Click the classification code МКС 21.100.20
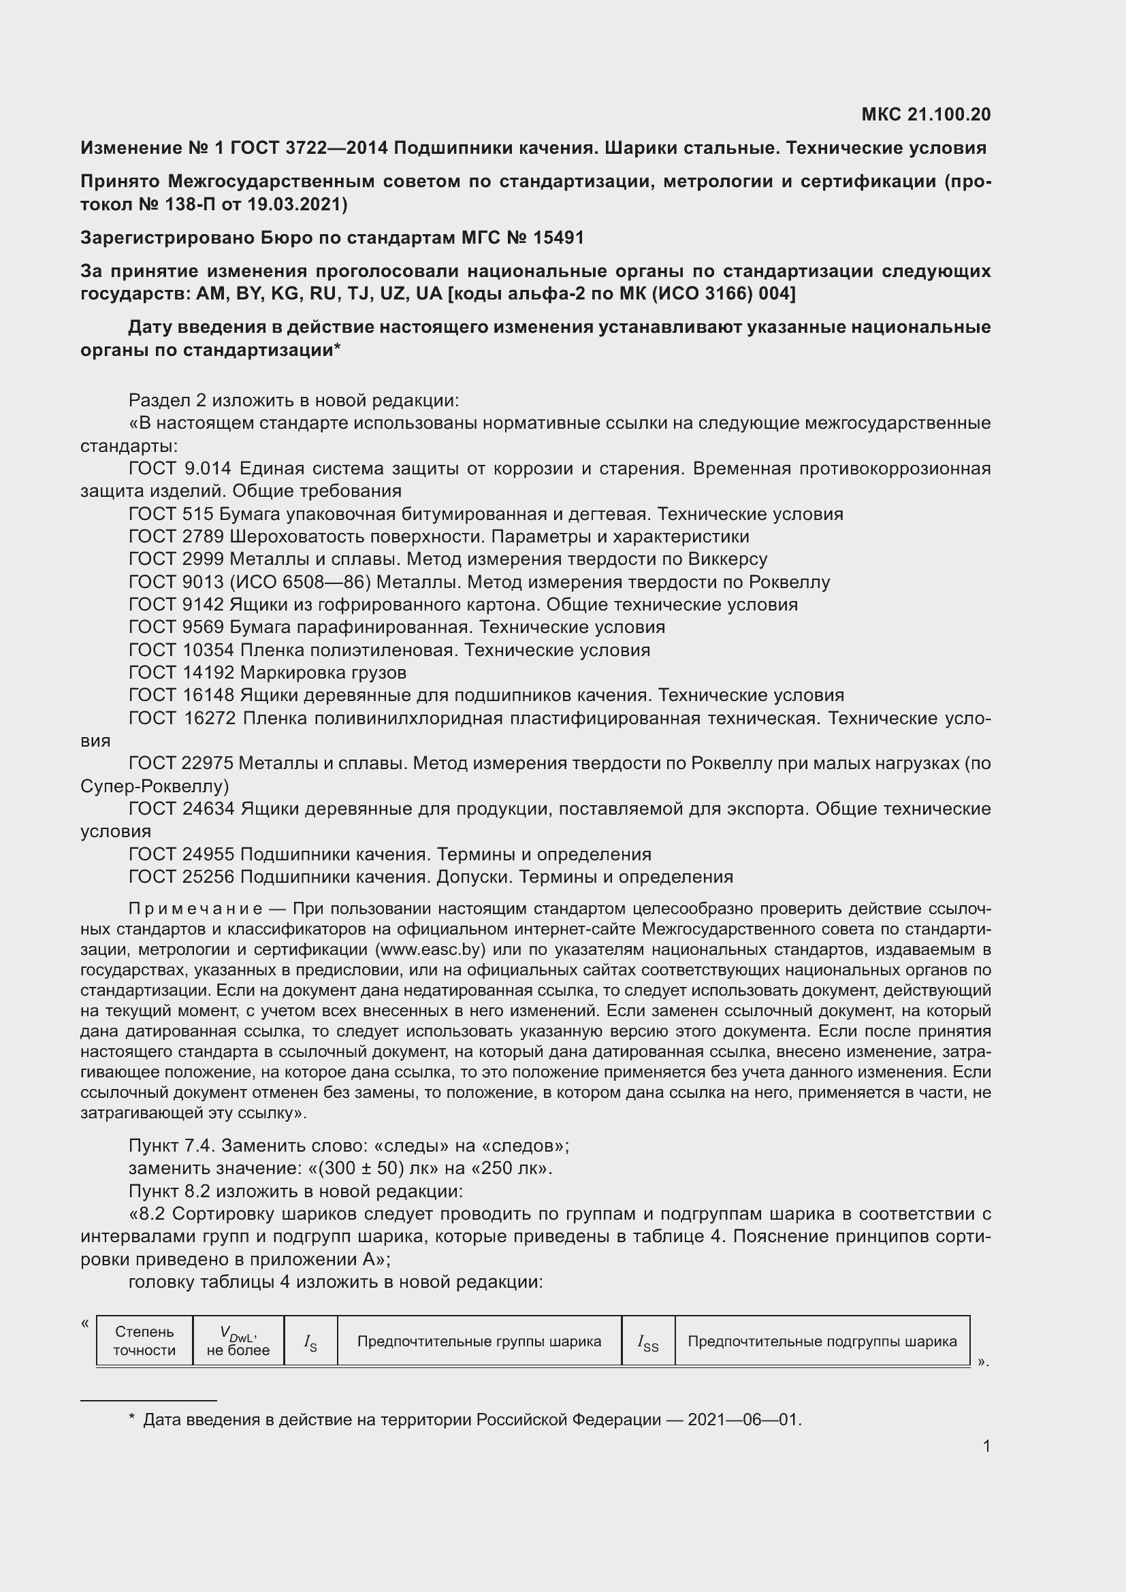click(926, 114)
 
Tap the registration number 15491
click(558, 238)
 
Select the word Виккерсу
click(727, 559)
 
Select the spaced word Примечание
click(195, 909)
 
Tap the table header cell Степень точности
click(144, 1341)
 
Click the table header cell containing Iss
click(647, 1342)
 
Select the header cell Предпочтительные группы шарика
click(479, 1342)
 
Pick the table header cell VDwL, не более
click(238, 1341)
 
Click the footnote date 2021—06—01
click(743, 1420)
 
